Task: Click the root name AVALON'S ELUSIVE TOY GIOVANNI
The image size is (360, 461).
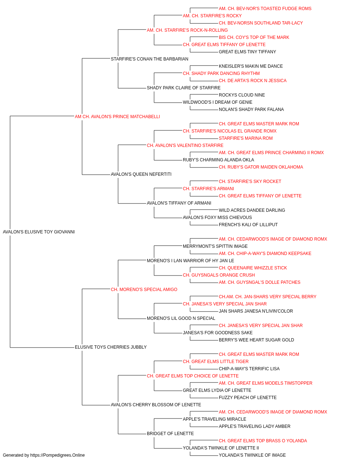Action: pyautogui.click(x=39, y=232)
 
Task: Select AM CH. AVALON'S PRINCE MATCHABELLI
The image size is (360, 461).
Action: pyautogui.click(x=117, y=117)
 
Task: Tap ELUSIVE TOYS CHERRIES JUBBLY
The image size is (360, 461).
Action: pyautogui.click(x=111, y=347)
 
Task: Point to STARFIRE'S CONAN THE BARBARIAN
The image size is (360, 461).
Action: pyautogui.click(x=149, y=59)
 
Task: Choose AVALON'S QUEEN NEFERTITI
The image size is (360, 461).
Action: pyautogui.click(x=141, y=174)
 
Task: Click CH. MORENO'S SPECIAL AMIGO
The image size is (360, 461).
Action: pyautogui.click(x=144, y=290)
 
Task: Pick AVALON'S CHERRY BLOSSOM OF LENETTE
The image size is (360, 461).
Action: pyautogui.click(x=156, y=405)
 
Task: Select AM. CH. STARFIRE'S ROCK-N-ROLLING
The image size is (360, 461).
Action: pyautogui.click(x=187, y=30)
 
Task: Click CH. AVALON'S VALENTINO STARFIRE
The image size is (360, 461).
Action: pyautogui.click(x=185, y=146)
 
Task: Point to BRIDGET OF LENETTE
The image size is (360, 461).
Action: pyautogui.click(x=170, y=434)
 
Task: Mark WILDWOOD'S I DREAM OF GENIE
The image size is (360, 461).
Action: pyautogui.click(x=217, y=102)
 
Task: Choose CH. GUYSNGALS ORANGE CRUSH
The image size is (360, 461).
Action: pyautogui.click(x=219, y=275)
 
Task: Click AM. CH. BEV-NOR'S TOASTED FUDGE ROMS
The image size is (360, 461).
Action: pyautogui.click(x=265, y=9)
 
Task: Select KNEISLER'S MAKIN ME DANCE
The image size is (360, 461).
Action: pyautogui.click(x=251, y=66)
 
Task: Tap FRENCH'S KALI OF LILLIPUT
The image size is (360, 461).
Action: pyautogui.click(x=248, y=225)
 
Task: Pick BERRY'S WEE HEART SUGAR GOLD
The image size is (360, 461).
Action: pyautogui.click(x=256, y=340)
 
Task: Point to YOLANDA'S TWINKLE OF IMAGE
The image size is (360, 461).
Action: pyautogui.click(x=252, y=455)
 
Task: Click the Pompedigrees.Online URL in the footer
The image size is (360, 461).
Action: pyautogui.click(x=58, y=455)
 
